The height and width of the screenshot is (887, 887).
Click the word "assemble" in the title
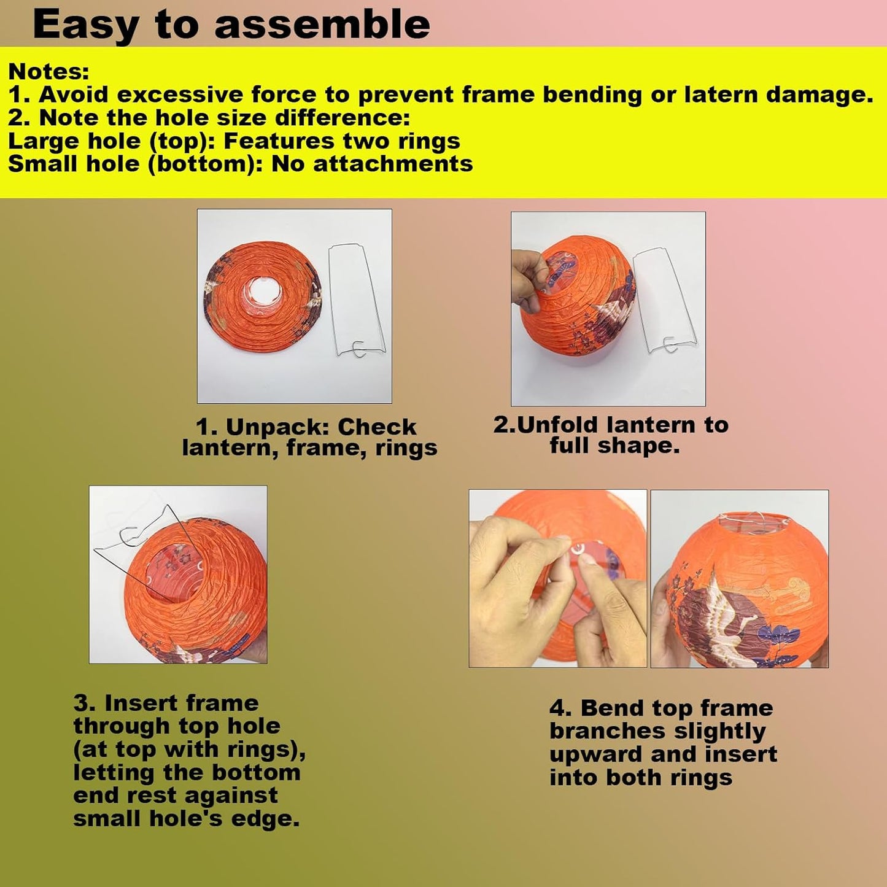tap(322, 25)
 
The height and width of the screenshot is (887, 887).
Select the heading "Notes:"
tap(48, 71)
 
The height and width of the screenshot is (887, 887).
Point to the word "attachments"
tap(393, 164)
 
